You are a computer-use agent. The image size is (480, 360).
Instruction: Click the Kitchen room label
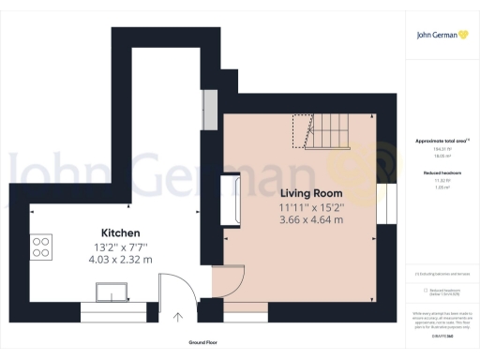click(x=121, y=232)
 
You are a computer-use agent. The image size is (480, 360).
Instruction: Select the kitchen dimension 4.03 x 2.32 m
click(x=121, y=259)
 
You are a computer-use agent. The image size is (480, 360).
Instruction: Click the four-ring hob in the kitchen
click(x=42, y=247)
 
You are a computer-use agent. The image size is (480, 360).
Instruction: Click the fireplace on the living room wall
click(x=232, y=199)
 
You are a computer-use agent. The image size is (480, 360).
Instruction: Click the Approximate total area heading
click(x=442, y=141)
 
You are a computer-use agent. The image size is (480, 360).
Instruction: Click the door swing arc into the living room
click(x=232, y=281)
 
